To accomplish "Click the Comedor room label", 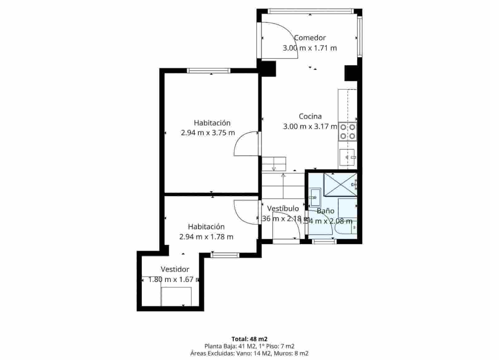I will tap(310, 38).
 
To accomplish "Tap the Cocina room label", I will tap(310, 116).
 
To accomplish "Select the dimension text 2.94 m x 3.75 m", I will tap(208, 133).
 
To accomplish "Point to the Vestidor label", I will tap(175, 269).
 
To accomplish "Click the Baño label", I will tap(325, 211).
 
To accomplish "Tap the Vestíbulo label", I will tap(283, 208).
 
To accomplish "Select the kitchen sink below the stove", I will tap(347, 157).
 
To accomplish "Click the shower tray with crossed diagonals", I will tap(340, 184).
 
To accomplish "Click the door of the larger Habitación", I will tap(246, 144).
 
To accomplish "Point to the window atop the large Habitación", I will tap(209, 71).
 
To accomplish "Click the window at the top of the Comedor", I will tap(310, 11).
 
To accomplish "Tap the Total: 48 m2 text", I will tap(249, 339).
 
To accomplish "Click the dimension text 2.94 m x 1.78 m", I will tap(206, 237).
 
